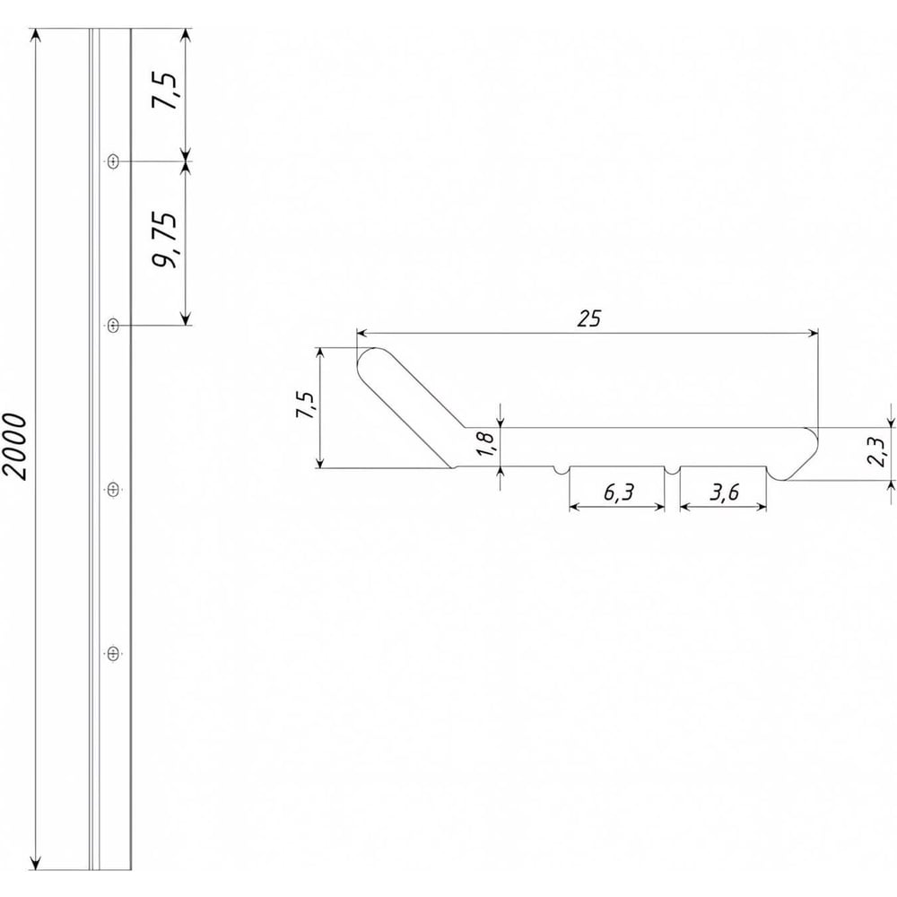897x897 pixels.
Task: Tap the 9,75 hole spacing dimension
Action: click(165, 239)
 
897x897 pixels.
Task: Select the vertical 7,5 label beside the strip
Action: click(165, 91)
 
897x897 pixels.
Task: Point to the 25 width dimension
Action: click(588, 318)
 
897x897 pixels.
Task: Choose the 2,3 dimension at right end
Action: click(875, 451)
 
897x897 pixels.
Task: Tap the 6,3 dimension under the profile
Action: click(618, 492)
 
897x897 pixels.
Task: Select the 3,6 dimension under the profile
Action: click(724, 492)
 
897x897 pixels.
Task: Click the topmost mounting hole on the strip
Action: click(113, 161)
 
